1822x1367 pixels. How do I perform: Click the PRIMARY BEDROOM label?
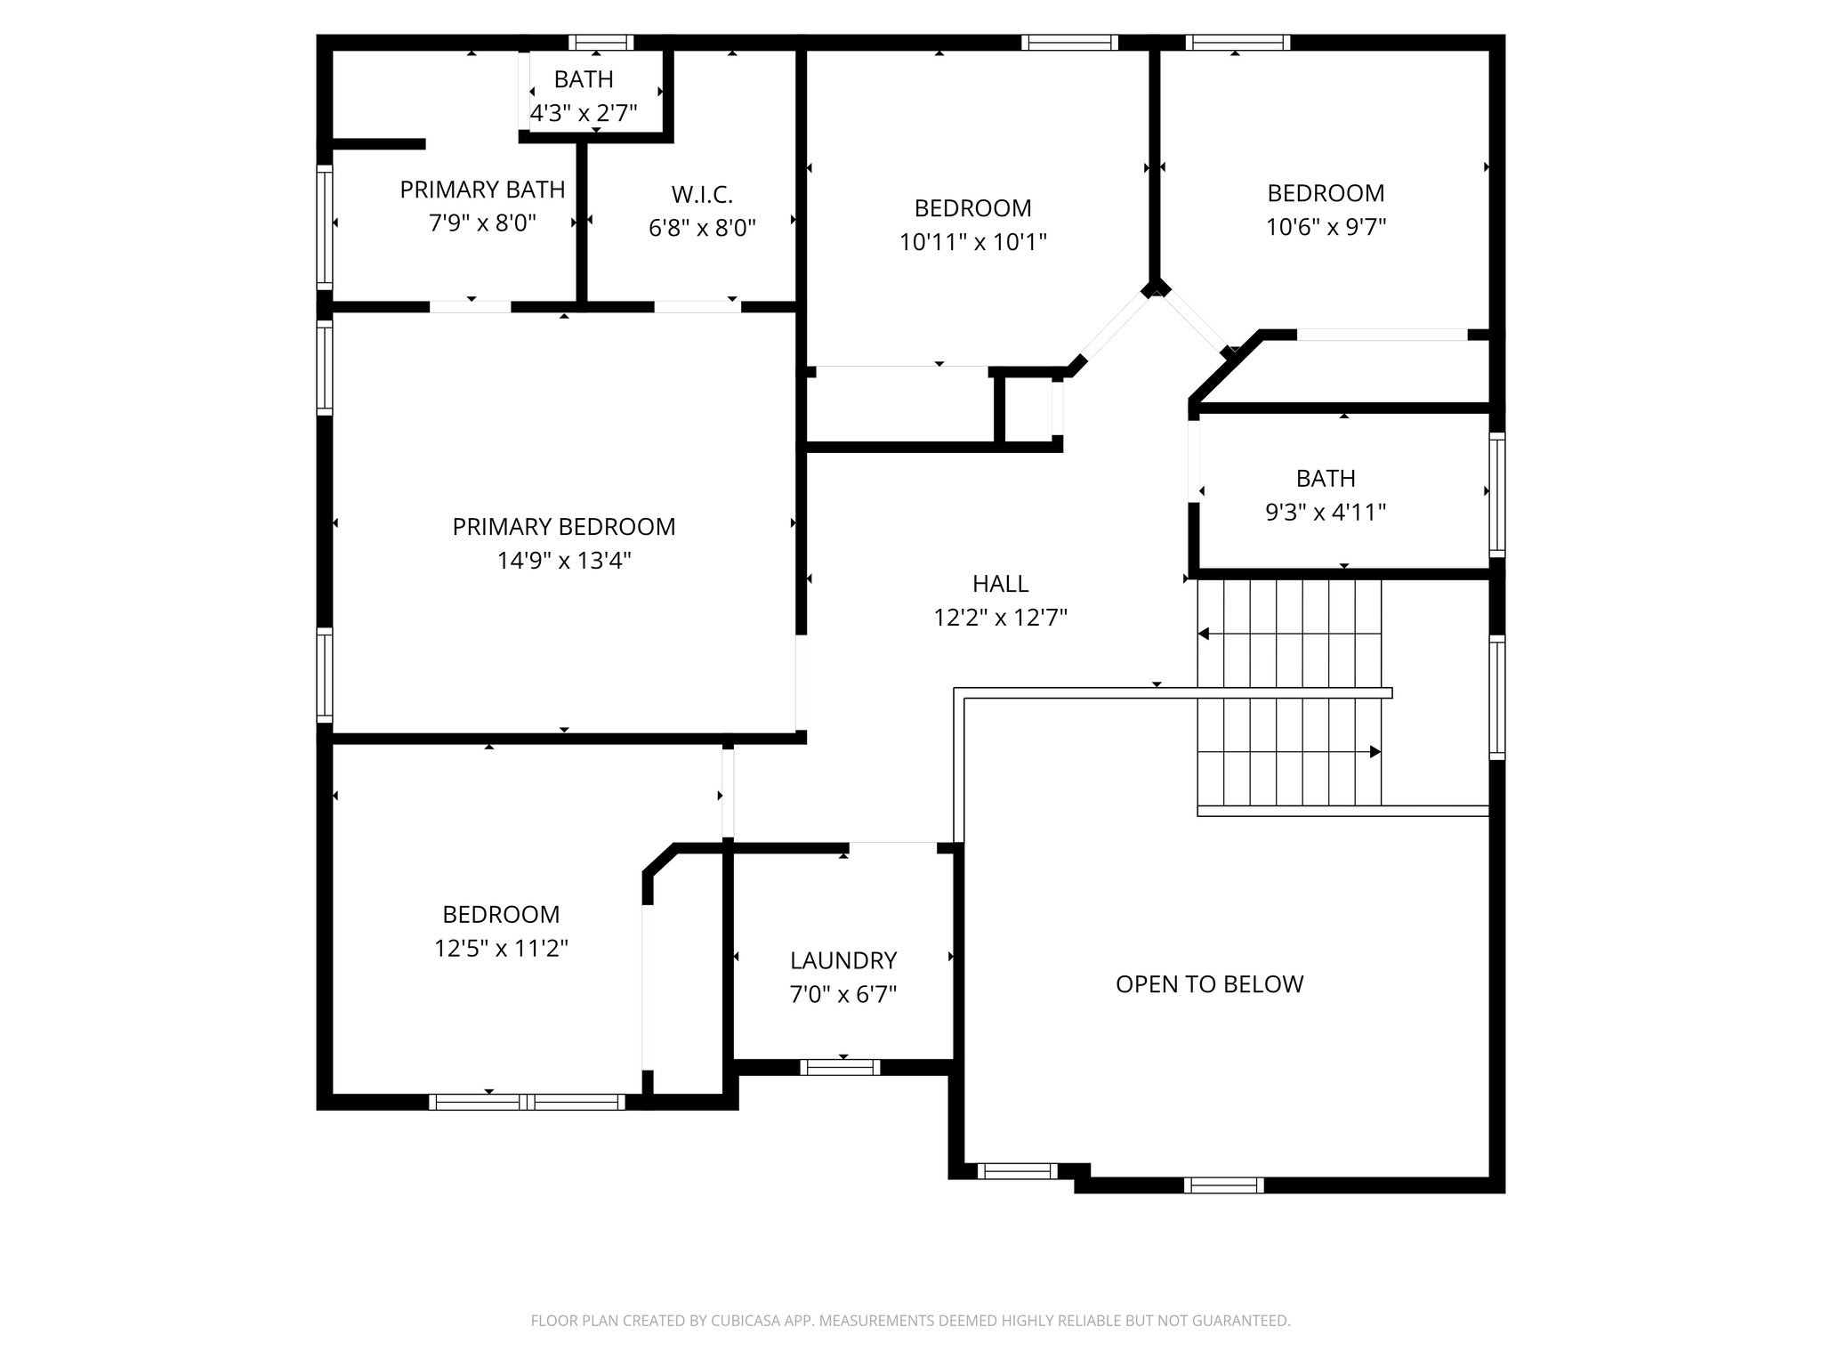[x=563, y=527]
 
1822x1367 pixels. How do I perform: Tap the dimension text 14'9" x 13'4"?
[x=563, y=561]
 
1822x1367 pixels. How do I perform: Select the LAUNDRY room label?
[x=842, y=960]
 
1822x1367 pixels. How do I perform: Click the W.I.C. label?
[x=702, y=194]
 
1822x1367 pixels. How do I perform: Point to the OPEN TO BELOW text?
[x=1209, y=984]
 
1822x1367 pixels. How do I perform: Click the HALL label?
[x=1000, y=584]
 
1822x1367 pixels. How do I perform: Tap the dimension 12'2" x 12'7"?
[x=1000, y=618]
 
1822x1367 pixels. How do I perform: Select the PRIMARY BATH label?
[x=482, y=190]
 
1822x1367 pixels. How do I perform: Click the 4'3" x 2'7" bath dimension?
[x=584, y=114]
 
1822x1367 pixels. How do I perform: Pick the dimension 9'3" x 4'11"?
[x=1326, y=513]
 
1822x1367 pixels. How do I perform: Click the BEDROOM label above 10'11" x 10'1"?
[x=972, y=208]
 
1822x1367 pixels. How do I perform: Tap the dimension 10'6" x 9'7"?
[x=1326, y=227]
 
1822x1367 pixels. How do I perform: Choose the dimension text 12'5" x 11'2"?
[x=501, y=949]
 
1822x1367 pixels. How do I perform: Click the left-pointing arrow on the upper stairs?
[x=1204, y=634]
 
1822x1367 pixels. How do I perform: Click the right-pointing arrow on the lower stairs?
[x=1375, y=752]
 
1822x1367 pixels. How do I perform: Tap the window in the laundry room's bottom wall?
[x=840, y=1067]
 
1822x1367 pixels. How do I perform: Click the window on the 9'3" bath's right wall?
[x=1497, y=495]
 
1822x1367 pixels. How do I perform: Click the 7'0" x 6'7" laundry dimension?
[x=842, y=994]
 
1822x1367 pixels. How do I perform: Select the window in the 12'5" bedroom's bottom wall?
[x=527, y=1102]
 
